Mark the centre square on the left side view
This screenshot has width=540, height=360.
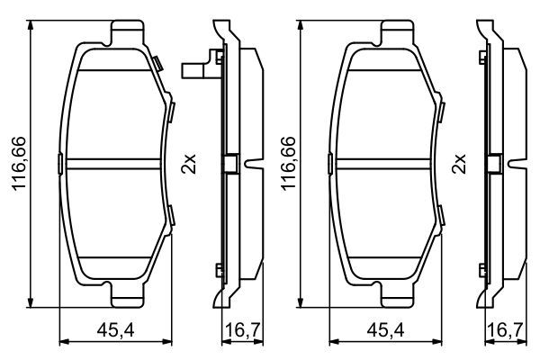229,164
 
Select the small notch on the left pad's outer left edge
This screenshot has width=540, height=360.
60,164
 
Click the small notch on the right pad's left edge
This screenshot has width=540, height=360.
328,164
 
